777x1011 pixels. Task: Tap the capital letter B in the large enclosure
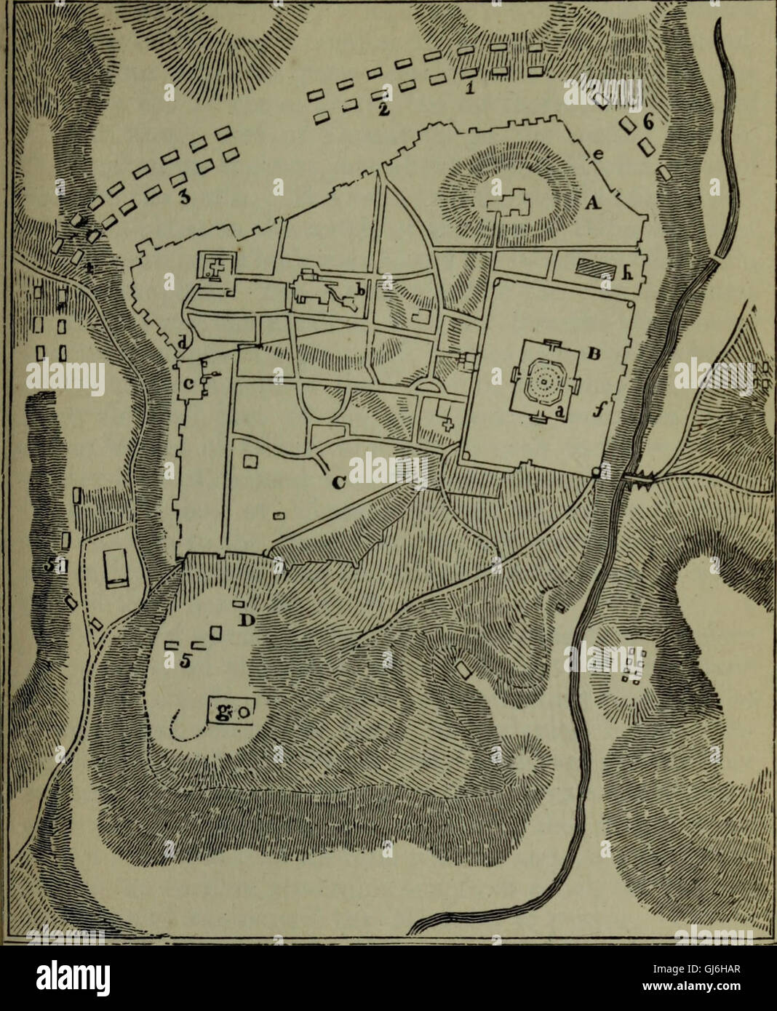(x=593, y=356)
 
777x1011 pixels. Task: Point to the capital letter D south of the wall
(x=247, y=619)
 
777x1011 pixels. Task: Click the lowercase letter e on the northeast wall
(x=598, y=154)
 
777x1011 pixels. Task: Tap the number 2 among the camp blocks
(x=380, y=110)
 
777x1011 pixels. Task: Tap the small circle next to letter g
(x=244, y=712)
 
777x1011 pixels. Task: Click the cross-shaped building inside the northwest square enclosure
(x=215, y=265)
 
